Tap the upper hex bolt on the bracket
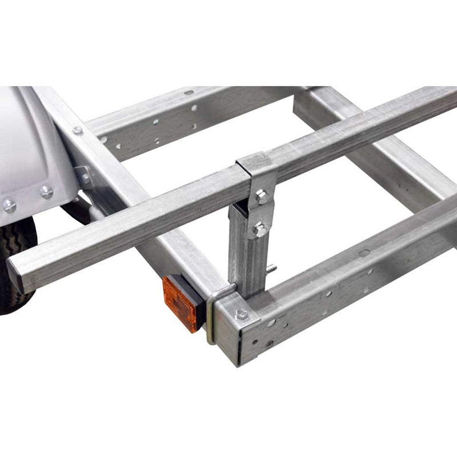(x=262, y=198)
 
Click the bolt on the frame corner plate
(x=242, y=314)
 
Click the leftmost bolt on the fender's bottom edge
(x=9, y=205)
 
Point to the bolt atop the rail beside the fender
(x=77, y=131)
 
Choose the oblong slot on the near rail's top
(x=364, y=252)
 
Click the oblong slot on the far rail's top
(x=189, y=92)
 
